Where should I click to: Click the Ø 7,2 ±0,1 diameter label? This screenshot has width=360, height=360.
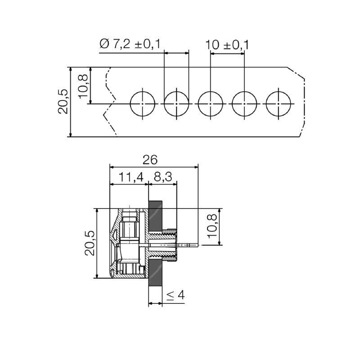coord(131,44)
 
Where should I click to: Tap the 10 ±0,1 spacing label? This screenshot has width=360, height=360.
coord(227,45)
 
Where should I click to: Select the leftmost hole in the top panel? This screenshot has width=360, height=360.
coord(143,103)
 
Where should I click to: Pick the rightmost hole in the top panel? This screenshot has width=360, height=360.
coord(279,103)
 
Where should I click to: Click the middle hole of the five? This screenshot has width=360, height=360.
coord(211,103)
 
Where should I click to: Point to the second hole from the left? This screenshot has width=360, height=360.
coord(176,103)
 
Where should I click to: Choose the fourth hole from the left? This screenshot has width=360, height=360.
coord(244,103)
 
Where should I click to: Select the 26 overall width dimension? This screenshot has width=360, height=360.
coord(151,159)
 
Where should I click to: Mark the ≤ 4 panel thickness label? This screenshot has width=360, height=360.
coord(176,296)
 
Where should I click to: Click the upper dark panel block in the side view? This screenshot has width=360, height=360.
coord(156,218)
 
